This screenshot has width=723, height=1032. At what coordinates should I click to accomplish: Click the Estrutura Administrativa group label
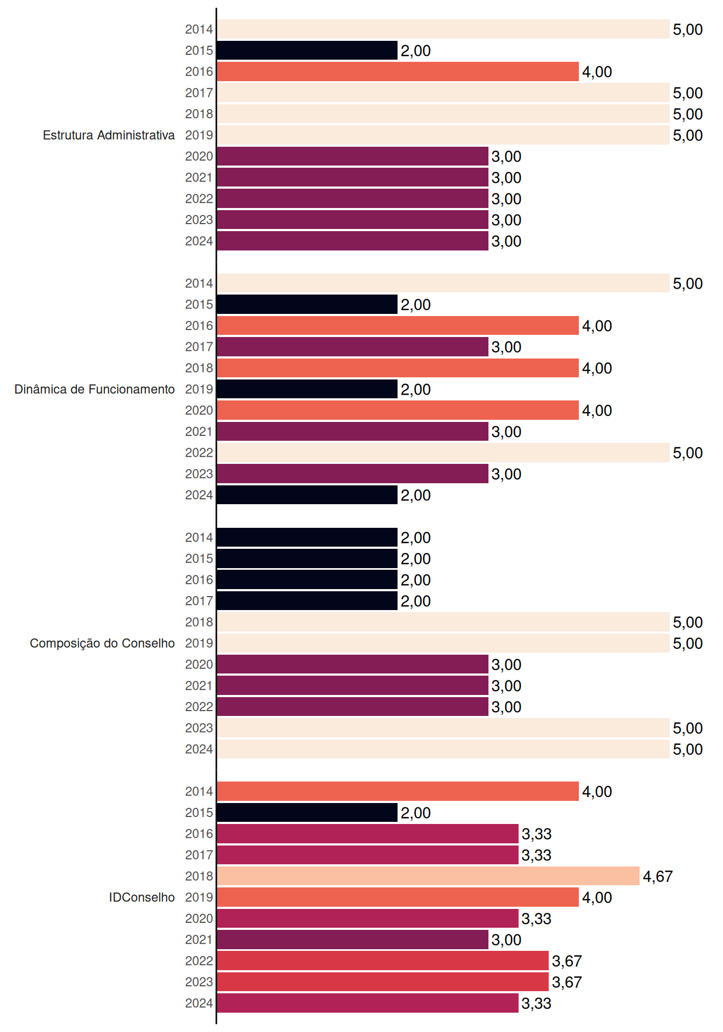pos(109,135)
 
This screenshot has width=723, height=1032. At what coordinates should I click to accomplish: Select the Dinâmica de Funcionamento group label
pos(95,389)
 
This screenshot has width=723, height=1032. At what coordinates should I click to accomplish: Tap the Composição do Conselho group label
pos(102,643)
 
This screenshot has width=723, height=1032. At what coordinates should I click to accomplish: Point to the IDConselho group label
pos(142,897)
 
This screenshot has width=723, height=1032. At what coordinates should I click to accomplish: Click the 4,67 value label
pos(657,876)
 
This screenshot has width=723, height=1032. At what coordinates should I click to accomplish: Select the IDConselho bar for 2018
pos(428,876)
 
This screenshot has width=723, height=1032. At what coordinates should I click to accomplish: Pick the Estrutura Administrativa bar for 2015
pos(307,51)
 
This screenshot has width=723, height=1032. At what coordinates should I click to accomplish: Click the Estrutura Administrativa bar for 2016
pos(398,71)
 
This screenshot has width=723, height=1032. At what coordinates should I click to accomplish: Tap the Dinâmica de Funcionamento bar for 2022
pos(443,453)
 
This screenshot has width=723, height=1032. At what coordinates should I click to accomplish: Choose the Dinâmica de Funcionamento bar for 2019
pos(307,389)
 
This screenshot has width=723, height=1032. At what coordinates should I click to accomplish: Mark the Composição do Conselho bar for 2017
pos(307,601)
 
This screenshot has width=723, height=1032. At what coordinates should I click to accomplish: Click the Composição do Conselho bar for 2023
pos(443,728)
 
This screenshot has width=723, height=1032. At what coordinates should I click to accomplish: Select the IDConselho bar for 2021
pos(353,940)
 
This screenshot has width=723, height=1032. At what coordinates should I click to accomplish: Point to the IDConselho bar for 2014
pos(398,791)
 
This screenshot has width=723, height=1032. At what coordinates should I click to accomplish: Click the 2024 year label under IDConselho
pos(199,1003)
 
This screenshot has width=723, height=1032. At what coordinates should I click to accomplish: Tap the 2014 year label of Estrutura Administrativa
pos(199,30)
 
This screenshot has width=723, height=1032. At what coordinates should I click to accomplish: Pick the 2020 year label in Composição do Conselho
pos(199,664)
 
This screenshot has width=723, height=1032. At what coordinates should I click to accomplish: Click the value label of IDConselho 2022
pos(567,961)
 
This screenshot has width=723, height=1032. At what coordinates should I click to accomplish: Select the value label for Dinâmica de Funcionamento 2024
pos(415,495)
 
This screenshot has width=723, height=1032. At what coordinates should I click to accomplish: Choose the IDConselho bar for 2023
pos(383,982)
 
